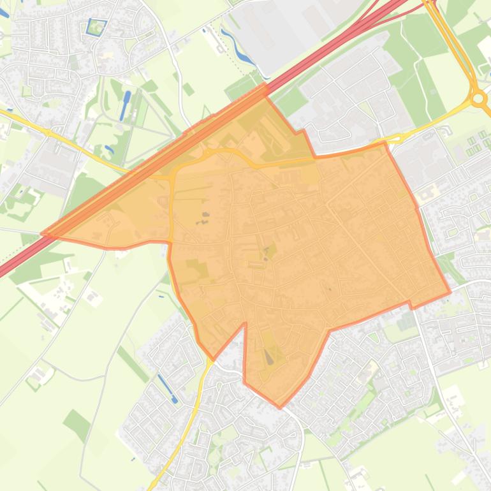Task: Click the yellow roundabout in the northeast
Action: point(478,99)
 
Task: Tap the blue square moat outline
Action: point(96,27)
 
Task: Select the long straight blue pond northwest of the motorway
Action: point(124,106)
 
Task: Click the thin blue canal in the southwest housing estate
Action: point(167,388)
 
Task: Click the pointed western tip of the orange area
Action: point(43,235)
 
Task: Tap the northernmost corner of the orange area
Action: point(265,84)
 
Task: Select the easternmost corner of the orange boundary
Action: point(450,293)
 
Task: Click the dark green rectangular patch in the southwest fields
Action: point(77,424)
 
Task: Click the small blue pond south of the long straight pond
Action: point(110,150)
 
